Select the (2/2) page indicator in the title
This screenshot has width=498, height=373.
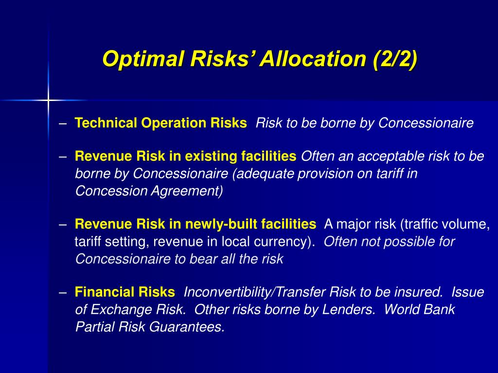coord(394,59)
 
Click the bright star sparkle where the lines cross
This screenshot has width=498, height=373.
coord(48,100)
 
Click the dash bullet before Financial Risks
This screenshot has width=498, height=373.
coord(63,292)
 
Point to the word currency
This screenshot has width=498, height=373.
coord(287,242)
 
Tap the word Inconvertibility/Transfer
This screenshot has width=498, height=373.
coord(255,292)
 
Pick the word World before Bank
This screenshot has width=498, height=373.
coord(403,310)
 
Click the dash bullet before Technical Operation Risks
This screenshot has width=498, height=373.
coord(63,123)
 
